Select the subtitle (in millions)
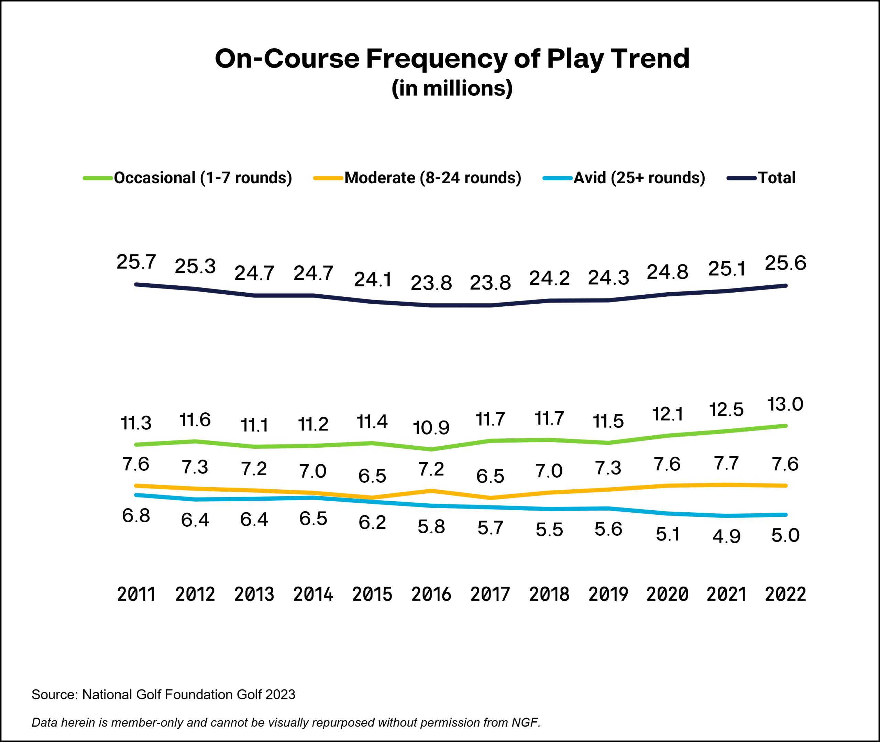click(x=452, y=88)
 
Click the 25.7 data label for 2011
click(x=136, y=262)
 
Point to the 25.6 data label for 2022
click(x=785, y=263)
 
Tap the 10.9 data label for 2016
click(x=431, y=428)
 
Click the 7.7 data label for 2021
click(x=726, y=463)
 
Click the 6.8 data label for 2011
click(x=136, y=516)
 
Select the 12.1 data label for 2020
click(x=667, y=414)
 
